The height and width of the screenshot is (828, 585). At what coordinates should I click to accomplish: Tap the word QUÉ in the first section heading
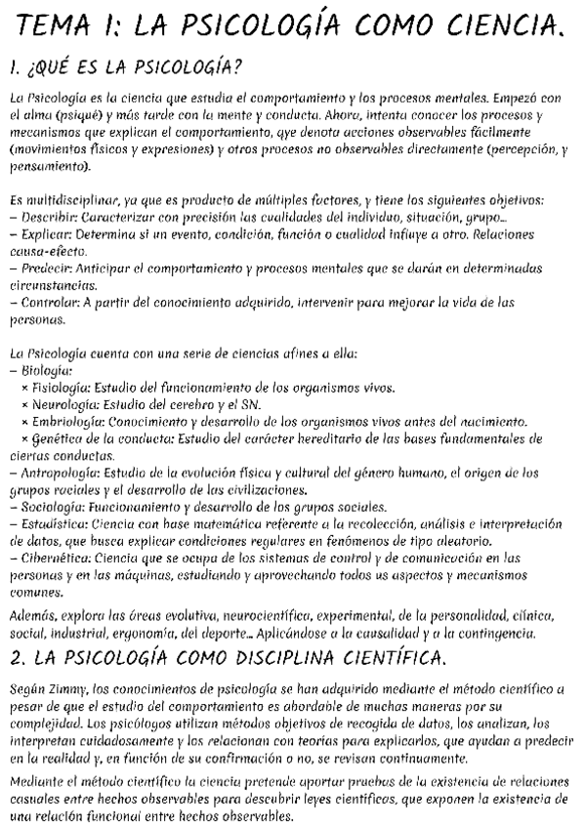[x=57, y=69]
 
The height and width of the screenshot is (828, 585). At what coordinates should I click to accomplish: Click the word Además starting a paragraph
[x=29, y=616]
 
